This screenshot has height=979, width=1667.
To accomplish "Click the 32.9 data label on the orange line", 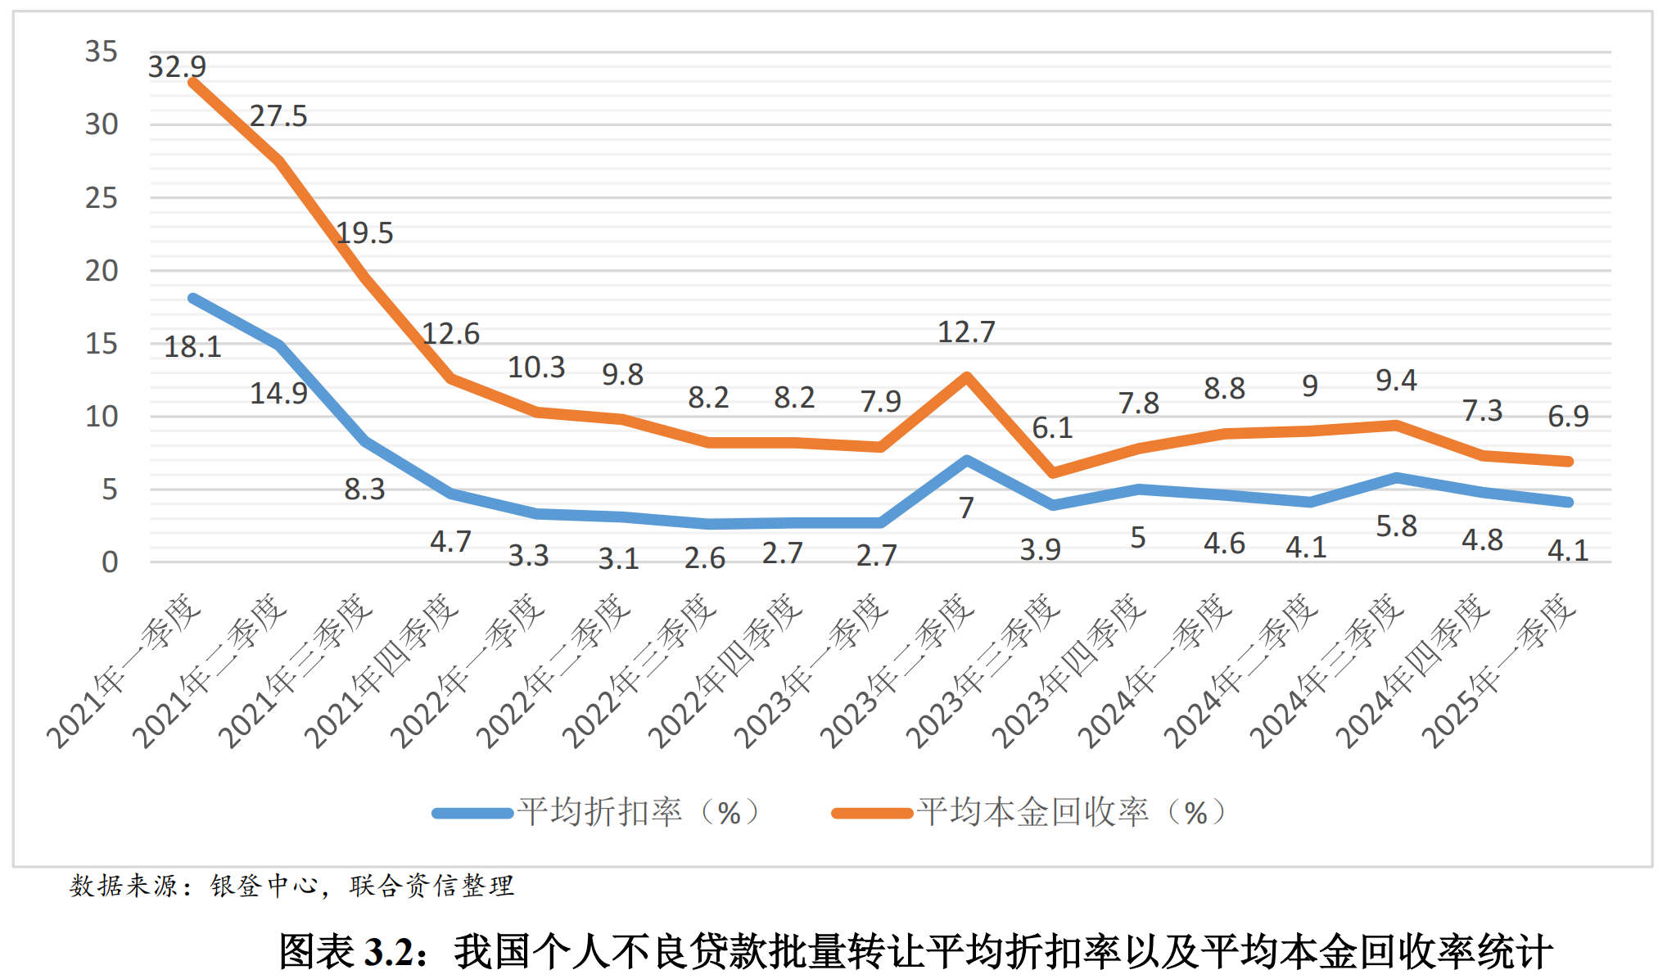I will (177, 66).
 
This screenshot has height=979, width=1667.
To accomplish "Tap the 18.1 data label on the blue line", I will (192, 347).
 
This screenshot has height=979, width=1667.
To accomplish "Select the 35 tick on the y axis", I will (102, 52).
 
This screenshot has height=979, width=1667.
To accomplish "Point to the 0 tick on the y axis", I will (110, 562).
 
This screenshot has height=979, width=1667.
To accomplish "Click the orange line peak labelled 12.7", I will (967, 377).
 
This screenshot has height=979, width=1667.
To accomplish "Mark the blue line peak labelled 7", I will (967, 461).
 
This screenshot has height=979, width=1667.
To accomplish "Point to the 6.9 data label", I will (1568, 417).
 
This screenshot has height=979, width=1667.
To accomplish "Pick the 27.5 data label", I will (278, 116).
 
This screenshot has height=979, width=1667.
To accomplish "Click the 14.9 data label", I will (278, 394).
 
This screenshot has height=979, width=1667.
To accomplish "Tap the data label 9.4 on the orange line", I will (1396, 381).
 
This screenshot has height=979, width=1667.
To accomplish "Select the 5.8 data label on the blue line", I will (1396, 526).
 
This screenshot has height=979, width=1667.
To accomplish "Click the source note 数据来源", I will (123, 886).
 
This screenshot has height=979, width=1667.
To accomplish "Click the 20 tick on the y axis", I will (102, 270).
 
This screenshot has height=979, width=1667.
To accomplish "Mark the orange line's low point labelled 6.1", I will (1053, 473).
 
